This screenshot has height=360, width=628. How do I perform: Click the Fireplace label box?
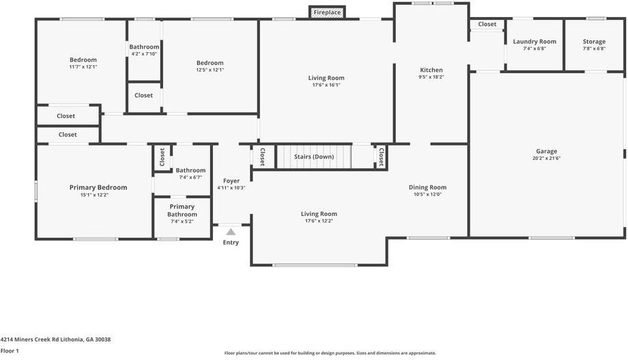pos(328,12)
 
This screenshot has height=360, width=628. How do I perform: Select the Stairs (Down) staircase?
pos(313,156)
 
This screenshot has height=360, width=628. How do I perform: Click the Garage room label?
pos(546,151)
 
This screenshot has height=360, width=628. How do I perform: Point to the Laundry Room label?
pos(534,42)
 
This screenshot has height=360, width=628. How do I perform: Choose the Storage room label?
pos(594,42)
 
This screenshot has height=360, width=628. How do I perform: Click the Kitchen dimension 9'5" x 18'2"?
pos(431,77)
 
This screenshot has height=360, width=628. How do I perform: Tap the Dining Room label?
pos(427,187)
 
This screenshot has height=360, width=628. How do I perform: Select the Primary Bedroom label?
pos(98,187)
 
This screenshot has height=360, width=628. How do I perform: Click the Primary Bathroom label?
pos(182,210)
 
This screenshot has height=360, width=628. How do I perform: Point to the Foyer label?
pos(231,181)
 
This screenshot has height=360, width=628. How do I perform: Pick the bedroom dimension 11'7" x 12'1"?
pos(83,67)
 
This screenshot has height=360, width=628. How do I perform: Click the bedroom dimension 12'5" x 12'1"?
pos(210,70)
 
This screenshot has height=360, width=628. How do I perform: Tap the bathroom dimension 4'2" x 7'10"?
pos(144,54)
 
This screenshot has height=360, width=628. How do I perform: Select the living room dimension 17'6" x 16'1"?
pos(326,85)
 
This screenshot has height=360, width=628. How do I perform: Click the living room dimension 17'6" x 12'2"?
pos(319,221)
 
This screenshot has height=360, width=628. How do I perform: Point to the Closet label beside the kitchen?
pos(487,25)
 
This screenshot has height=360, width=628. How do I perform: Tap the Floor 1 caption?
pos(10,350)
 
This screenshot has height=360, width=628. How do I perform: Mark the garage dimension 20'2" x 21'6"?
pos(546,158)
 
